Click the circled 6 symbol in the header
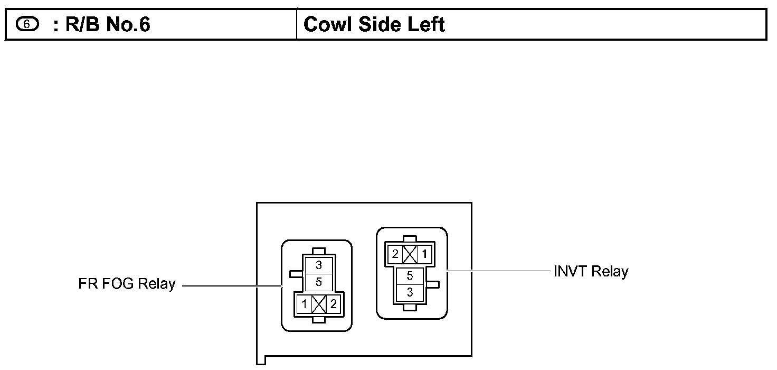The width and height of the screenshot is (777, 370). (26, 24)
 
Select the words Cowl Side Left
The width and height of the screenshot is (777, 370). (374, 24)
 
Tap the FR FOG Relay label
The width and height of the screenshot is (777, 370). (127, 284)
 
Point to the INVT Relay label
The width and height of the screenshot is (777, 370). (591, 272)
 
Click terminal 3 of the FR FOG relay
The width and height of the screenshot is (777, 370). (319, 266)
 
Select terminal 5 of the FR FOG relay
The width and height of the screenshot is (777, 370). (319, 282)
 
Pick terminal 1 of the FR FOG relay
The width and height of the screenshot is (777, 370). (305, 304)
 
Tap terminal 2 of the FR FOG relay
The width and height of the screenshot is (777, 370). (333, 304)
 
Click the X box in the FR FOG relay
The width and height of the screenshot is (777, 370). (319, 304)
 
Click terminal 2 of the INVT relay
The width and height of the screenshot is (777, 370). (395, 254)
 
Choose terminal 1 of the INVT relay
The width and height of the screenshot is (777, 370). (424, 254)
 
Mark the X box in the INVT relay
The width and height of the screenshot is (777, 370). (410, 254)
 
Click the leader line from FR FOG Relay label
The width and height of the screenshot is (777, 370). (232, 286)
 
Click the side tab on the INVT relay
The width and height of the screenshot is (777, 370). (433, 285)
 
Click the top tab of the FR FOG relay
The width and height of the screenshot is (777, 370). (318, 251)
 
